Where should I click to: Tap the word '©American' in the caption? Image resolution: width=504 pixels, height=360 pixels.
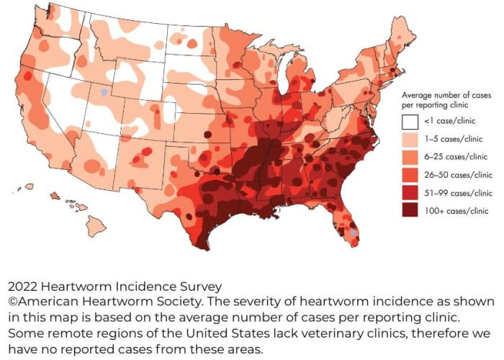point(42,300)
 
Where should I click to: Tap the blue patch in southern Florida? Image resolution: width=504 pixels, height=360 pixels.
point(351,233)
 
